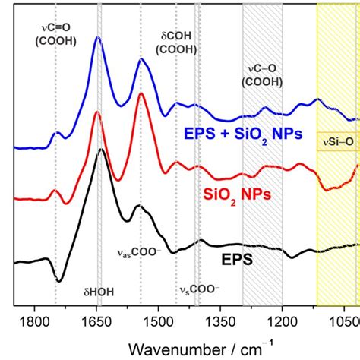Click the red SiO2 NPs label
click(x=236, y=194)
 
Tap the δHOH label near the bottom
click(x=99, y=291)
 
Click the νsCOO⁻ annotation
click(x=199, y=289)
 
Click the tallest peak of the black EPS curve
click(x=101, y=150)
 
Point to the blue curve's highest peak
click(x=98, y=38)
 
